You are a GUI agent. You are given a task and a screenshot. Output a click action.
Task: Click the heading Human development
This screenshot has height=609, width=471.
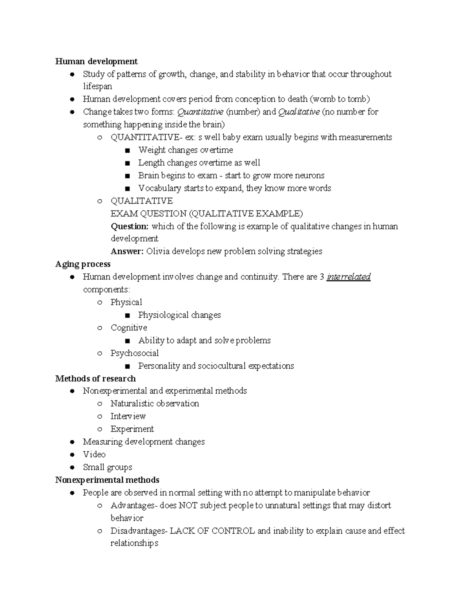(x=96, y=62)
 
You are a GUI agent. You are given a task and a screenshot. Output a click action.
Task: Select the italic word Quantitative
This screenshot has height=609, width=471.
(x=200, y=112)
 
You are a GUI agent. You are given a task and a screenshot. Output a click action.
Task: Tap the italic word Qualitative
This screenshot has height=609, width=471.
(x=299, y=112)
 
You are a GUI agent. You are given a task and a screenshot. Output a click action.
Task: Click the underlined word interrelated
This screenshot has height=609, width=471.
(x=349, y=277)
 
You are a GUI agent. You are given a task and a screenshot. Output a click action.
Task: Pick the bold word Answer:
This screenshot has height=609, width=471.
(x=127, y=251)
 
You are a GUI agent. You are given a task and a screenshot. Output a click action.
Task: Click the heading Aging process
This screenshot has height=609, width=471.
(x=83, y=264)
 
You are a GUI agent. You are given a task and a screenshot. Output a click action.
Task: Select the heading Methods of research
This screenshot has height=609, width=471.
(x=95, y=378)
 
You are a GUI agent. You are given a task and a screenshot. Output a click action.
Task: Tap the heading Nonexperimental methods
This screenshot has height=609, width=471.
(x=107, y=480)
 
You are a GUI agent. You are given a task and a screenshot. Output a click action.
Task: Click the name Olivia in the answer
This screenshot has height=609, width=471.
(x=158, y=251)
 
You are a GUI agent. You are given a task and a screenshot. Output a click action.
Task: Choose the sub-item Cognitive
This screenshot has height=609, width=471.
(x=129, y=328)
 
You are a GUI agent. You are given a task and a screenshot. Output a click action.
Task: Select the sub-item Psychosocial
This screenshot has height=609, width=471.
(x=135, y=353)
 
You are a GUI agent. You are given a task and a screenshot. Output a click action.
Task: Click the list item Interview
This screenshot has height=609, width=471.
(x=128, y=416)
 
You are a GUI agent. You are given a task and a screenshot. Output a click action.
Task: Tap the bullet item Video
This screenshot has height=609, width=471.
(x=94, y=454)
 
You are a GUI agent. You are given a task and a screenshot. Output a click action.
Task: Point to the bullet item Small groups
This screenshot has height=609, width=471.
(x=107, y=467)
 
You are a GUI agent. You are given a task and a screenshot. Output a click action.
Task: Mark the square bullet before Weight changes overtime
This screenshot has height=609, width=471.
(x=127, y=151)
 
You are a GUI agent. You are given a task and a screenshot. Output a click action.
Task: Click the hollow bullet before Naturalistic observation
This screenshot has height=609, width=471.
(x=100, y=404)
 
